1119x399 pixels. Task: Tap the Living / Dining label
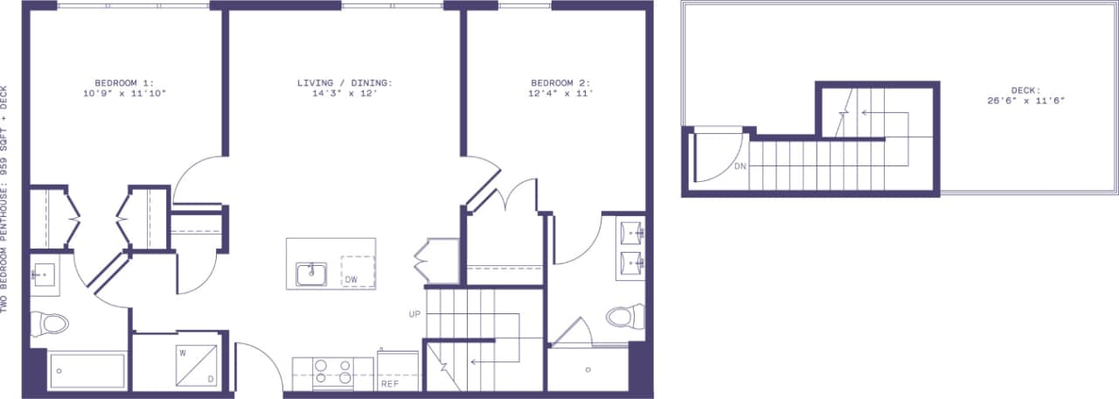tap(344, 83)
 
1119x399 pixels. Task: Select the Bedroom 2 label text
tap(561, 83)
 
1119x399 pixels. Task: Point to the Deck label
tap(1025, 90)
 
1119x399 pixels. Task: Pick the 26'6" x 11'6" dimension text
tap(1025, 101)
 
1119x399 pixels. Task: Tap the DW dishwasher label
tap(351, 280)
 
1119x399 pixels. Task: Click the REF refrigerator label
tap(390, 383)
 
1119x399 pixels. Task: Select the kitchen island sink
tap(310, 274)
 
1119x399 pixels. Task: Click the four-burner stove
tap(332, 373)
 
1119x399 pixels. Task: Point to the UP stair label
tap(414, 313)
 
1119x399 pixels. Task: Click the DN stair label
tap(740, 166)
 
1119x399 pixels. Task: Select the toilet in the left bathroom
tap(51, 325)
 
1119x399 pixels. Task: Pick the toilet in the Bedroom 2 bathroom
tap(624, 315)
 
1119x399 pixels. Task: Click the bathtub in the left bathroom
tap(87, 371)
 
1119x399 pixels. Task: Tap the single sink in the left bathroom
tap(44, 275)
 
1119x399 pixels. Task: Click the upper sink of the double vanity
tap(631, 234)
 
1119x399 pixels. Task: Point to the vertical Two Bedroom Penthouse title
tap(6, 199)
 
